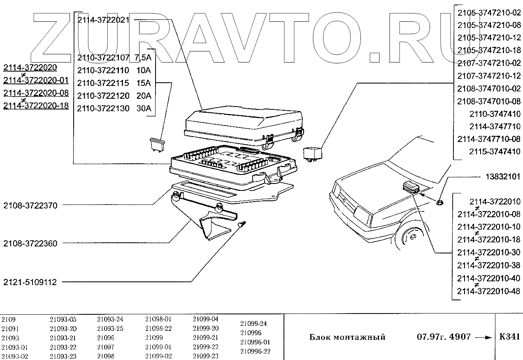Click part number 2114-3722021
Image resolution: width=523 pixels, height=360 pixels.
[x=103, y=19]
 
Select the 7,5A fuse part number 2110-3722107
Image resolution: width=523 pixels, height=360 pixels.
[x=103, y=58]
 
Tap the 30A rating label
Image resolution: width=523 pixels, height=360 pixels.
[x=144, y=108]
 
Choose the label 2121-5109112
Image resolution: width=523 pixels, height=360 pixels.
[x=30, y=282]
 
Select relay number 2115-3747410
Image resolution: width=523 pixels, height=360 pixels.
[x=495, y=151]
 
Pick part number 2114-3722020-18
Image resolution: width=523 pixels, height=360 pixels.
[x=36, y=106]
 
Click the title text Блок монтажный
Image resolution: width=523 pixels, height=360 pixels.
[x=347, y=337]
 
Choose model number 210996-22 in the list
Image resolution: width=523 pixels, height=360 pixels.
[x=255, y=351]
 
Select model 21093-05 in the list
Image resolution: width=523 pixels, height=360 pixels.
[x=63, y=319]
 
